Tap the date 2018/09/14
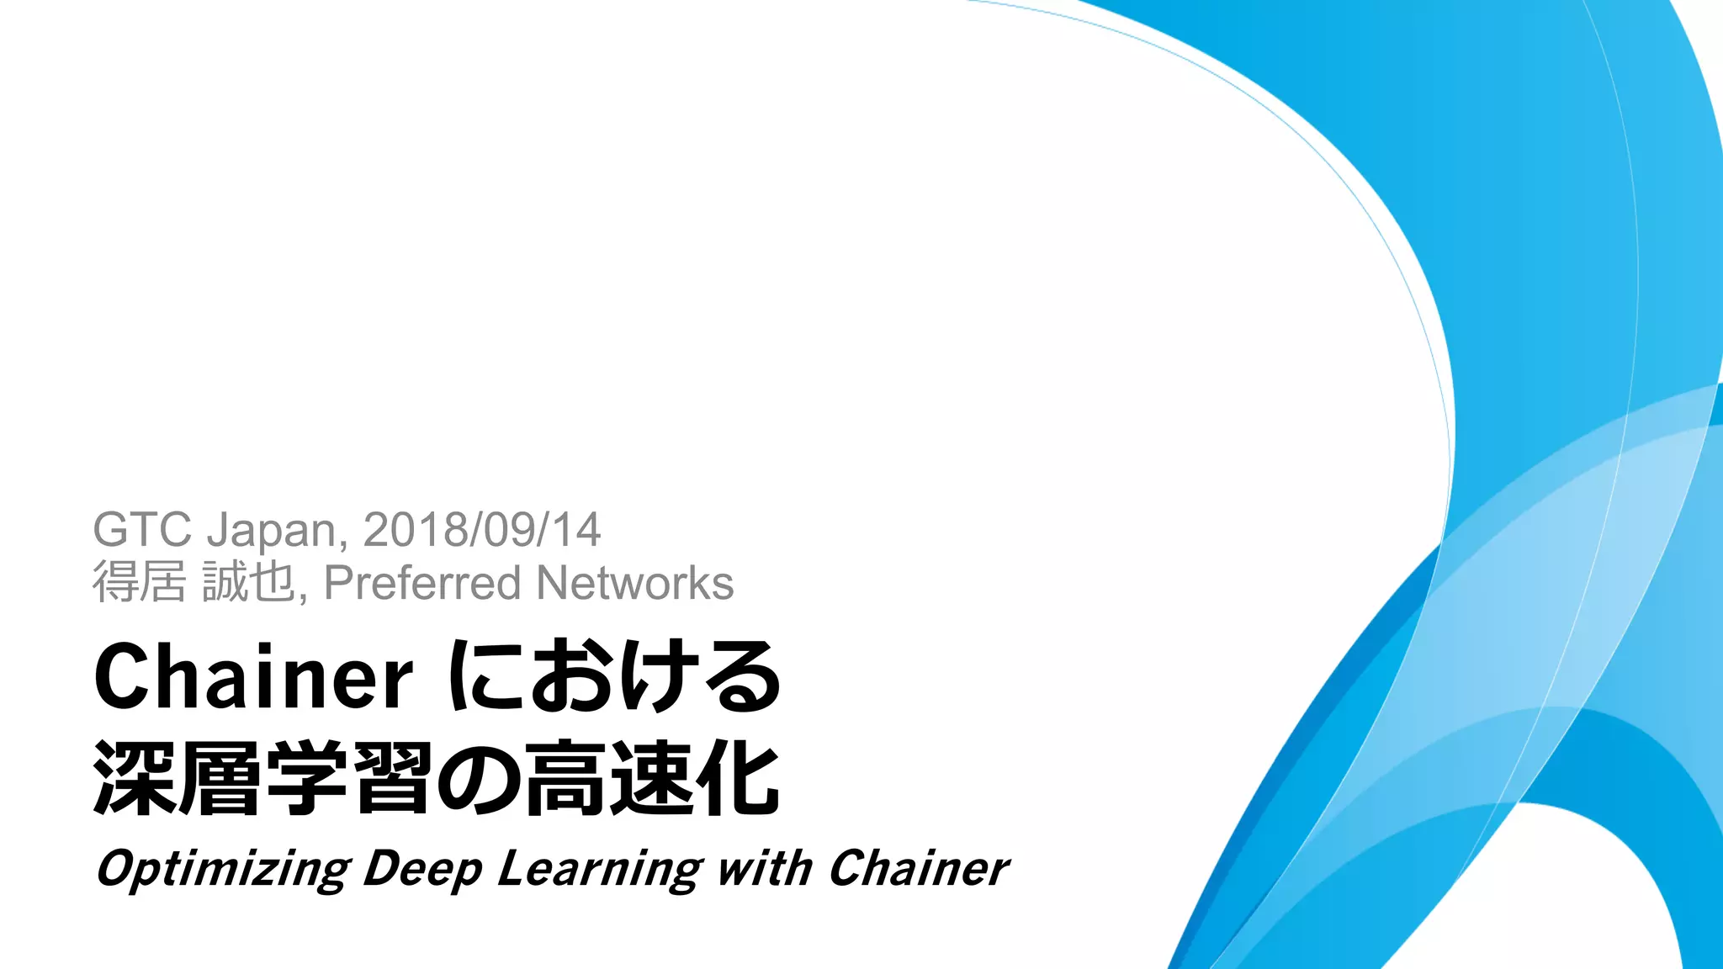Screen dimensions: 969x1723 481,530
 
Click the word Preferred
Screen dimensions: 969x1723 422,583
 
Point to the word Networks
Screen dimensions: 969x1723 634,583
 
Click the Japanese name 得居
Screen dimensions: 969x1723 139,583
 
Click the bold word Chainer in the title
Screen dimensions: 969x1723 253,677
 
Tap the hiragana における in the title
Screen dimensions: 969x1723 615,677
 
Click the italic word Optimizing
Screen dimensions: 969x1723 223,869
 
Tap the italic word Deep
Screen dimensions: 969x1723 422,869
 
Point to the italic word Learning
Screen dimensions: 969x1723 599,869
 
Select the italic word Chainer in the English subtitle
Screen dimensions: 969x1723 918,869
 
